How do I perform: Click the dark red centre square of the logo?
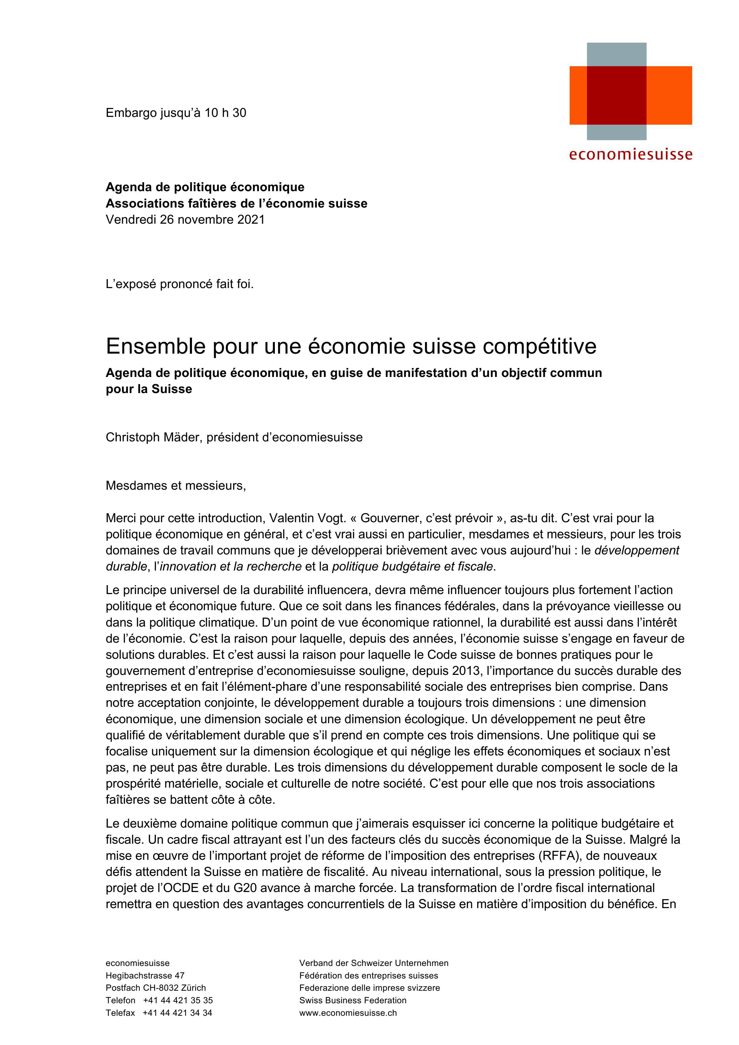[x=616, y=95]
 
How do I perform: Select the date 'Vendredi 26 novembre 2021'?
[x=185, y=219]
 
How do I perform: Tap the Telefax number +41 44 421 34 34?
[x=177, y=1013]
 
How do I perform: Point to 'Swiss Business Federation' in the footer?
[x=353, y=1000]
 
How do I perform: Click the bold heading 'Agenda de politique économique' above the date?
[x=205, y=187]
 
